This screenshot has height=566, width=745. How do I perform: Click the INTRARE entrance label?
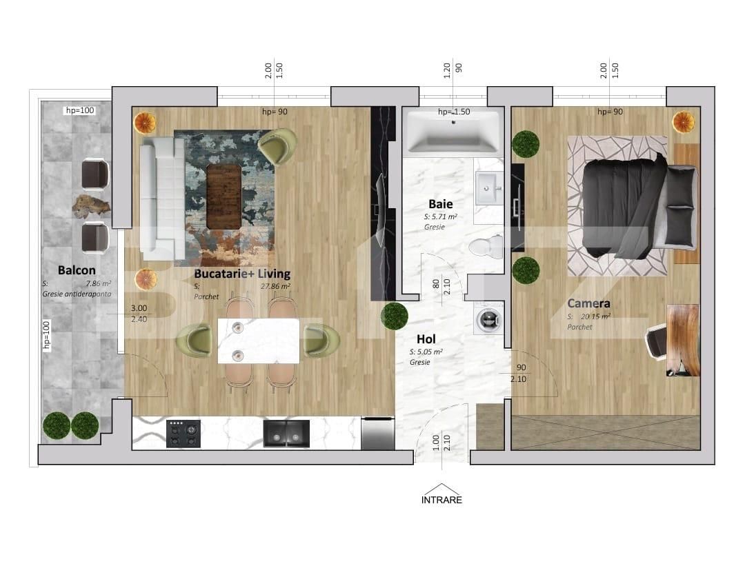coord(441,500)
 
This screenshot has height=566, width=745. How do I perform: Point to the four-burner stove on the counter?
coord(183,434)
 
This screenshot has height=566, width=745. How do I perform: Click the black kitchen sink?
coord(286,434)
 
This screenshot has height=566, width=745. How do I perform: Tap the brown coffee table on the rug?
coord(224,197)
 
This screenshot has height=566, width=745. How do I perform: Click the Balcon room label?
coord(77,270)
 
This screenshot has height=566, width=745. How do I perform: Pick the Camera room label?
coord(588,303)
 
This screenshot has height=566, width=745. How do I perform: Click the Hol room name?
coord(426,339)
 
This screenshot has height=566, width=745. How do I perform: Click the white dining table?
coord(259,341)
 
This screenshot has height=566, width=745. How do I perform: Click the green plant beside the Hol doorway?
coord(395,315)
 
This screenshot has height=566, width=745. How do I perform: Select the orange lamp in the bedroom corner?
coord(683,122)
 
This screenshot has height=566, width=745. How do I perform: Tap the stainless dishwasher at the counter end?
coord(377,433)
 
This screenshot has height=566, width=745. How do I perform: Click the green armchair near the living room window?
coord(277,145)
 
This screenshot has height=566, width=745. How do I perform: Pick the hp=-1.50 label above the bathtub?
coord(454,112)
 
